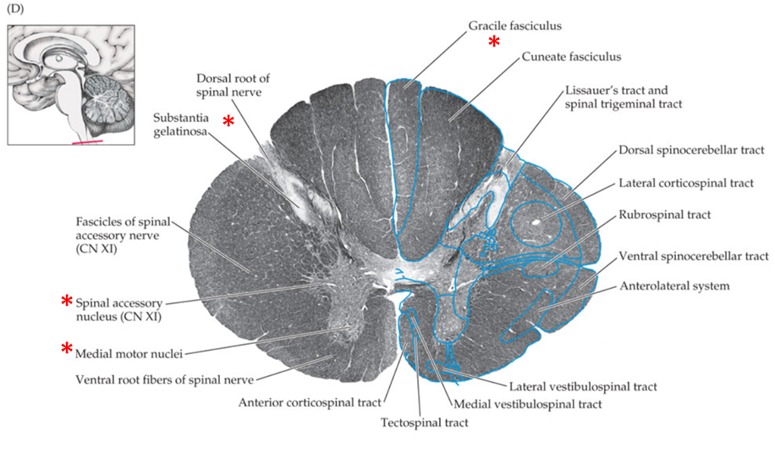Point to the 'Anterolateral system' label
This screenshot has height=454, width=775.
pos(675,286)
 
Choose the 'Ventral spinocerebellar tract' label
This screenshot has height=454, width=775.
pos(693,255)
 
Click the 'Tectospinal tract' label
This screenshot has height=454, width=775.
pos(424,421)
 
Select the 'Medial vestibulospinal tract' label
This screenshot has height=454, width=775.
pos(528,404)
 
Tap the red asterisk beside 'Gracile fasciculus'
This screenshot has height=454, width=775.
pos(494,42)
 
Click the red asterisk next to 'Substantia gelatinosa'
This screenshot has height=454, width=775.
pos(228,121)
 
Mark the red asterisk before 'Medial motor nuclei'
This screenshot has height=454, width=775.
pos(66,348)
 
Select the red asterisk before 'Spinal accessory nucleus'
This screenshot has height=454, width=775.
pos(66,301)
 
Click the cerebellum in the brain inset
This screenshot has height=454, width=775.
pos(106,96)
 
